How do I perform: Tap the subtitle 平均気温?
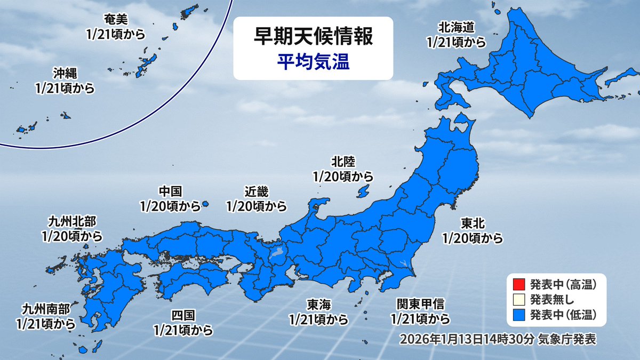[x=313, y=62]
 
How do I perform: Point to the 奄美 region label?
[x=116, y=20]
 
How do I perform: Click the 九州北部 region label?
[x=73, y=221]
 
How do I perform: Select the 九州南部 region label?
[x=45, y=309]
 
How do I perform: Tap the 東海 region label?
[x=318, y=305]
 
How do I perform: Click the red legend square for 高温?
[x=517, y=283]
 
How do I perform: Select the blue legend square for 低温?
[x=517, y=314]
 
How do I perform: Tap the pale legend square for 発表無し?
[x=517, y=298]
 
